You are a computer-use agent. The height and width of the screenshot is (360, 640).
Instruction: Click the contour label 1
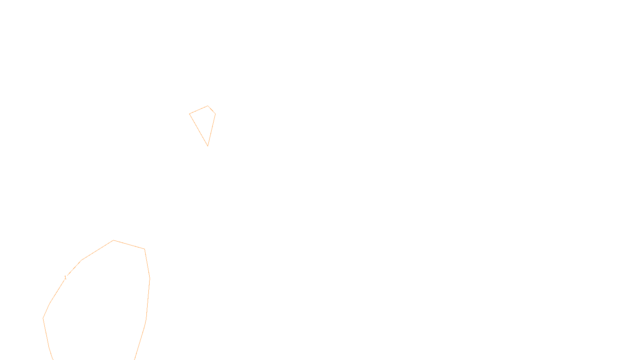[65, 278]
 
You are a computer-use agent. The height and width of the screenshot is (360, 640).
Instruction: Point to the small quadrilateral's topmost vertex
[208, 106]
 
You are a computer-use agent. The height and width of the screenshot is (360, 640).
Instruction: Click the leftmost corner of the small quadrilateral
[190, 114]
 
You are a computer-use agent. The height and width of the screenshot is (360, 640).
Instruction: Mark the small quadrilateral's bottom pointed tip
[208, 146]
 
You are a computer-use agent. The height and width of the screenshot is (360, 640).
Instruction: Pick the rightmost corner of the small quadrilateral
[215, 114]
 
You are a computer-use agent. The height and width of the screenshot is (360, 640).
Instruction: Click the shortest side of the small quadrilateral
[212, 110]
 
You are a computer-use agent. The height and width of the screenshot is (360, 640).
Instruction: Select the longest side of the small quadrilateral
[198, 130]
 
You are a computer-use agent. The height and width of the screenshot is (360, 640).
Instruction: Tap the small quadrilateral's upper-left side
[198, 110]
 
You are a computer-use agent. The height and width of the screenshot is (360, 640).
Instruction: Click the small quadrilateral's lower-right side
[212, 130]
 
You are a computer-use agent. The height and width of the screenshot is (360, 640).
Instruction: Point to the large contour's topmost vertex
[114, 240]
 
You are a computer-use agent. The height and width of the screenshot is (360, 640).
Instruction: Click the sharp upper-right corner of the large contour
[144, 249]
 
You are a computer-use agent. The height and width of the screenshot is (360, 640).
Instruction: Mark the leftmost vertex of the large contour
[43, 318]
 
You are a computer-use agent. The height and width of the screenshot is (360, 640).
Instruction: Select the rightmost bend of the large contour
[150, 278]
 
